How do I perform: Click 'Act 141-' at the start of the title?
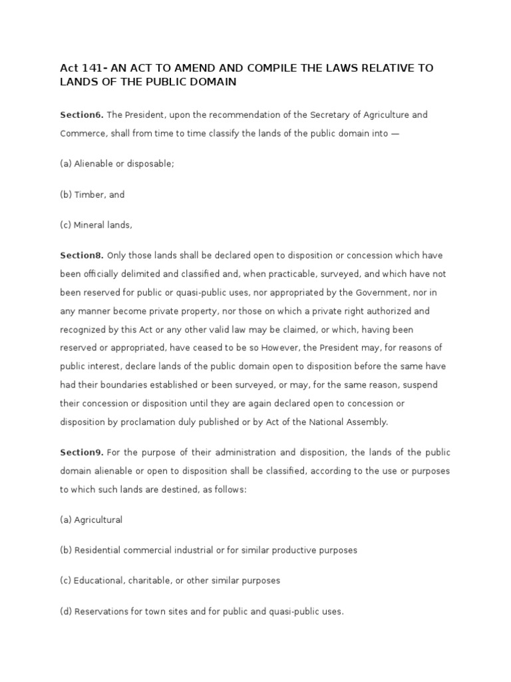83,68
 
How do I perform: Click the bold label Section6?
81,115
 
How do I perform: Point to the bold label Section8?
81,255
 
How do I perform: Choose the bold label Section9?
81,452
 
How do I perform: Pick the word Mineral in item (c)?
90,225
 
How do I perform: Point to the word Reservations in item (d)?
102,611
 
